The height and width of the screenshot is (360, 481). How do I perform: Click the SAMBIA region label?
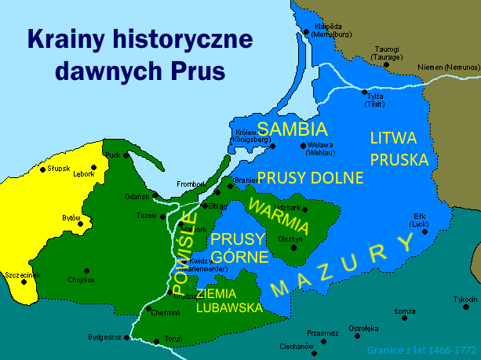point(292,128)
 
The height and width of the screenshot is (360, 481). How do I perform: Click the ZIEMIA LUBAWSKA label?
point(228,300)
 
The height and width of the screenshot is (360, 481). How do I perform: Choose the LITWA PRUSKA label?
point(399,149)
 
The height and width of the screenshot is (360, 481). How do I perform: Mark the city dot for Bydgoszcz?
point(125,337)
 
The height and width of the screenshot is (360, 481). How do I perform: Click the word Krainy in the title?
point(66,38)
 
